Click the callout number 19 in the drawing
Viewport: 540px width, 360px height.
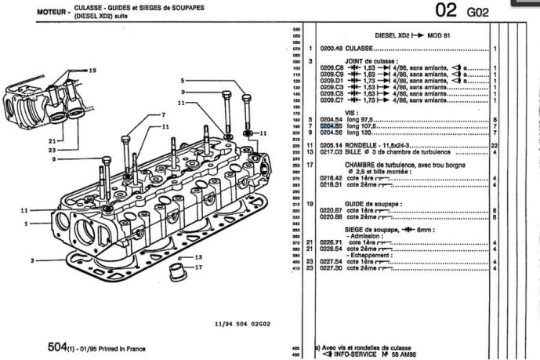92,70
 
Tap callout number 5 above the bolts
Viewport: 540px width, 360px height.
181,81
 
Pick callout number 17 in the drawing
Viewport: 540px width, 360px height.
199,267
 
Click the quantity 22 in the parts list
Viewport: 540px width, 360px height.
495,146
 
